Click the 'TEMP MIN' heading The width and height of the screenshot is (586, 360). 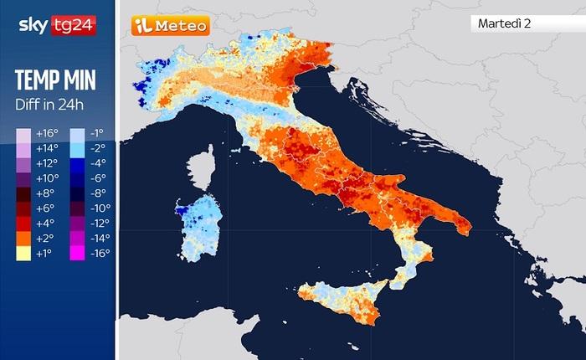[54, 80]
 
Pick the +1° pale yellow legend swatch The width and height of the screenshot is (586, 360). [23, 254]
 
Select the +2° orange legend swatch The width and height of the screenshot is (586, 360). [23, 239]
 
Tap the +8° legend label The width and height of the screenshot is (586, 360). [45, 193]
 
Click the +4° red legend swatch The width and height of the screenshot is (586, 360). [23, 224]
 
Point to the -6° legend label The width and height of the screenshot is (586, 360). [99, 178]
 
